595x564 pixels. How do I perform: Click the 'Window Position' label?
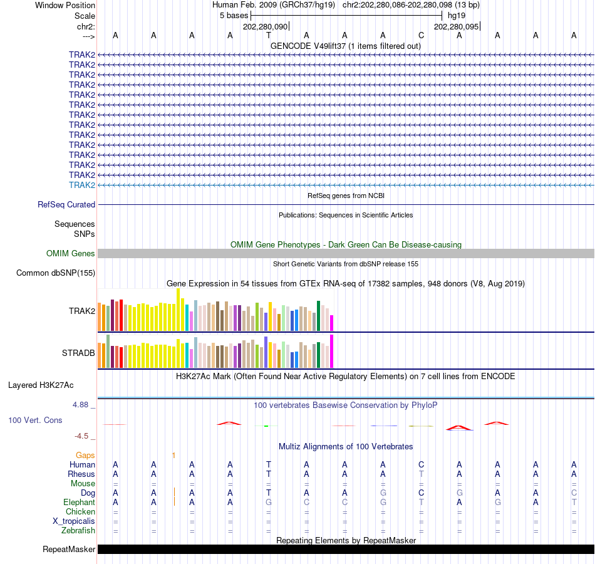[x=65, y=5]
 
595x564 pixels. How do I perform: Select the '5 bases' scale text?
[x=234, y=16]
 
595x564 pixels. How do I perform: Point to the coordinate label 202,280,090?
[x=265, y=26]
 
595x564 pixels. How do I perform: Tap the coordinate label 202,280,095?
[x=456, y=26]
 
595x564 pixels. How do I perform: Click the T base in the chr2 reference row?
[x=269, y=35]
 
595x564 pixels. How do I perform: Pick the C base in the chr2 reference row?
[x=421, y=35]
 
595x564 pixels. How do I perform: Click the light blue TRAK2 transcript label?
[x=82, y=185]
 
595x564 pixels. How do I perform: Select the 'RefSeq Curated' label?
[x=66, y=204]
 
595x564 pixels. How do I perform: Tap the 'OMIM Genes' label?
[x=71, y=253]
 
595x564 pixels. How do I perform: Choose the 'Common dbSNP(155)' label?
[x=56, y=273]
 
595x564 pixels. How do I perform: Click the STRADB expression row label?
[x=78, y=353]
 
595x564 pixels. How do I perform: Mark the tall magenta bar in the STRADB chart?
[x=332, y=351]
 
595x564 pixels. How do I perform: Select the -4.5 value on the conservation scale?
[x=84, y=436]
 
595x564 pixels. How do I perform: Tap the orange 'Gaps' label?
[x=85, y=455]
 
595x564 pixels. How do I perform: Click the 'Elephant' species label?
[x=79, y=502]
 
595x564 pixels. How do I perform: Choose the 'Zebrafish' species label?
[x=78, y=530]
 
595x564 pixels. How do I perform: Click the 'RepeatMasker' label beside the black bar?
[x=69, y=550]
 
